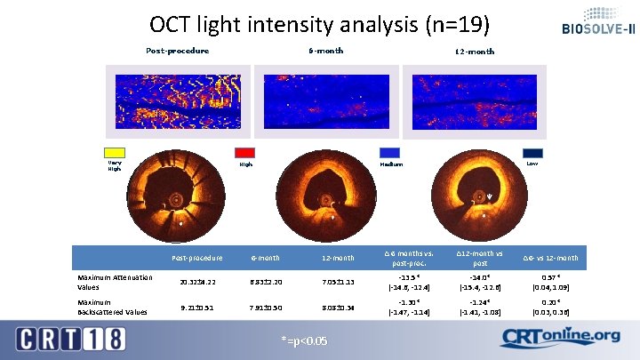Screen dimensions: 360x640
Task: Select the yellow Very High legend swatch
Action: click(x=115, y=153)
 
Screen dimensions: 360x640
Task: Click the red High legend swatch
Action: click(x=244, y=153)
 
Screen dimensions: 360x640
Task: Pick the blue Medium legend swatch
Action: click(x=390, y=153)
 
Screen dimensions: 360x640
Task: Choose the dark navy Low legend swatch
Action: click(x=532, y=153)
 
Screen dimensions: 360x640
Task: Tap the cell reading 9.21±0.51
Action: click(x=197, y=308)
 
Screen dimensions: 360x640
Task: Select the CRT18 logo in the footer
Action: click(x=72, y=339)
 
